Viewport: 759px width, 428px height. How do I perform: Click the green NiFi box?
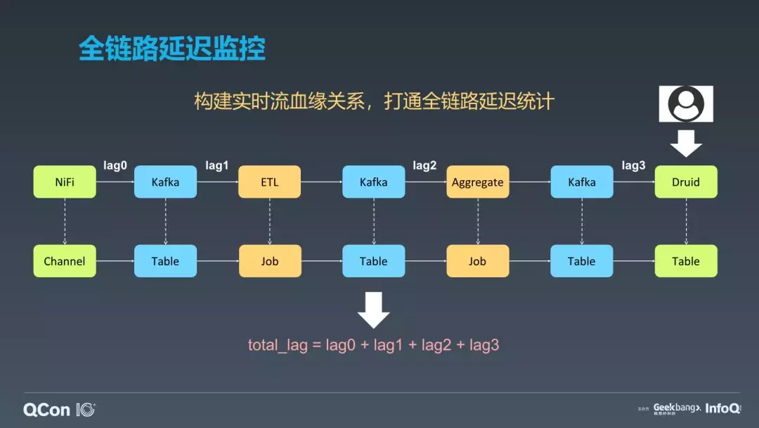(65, 182)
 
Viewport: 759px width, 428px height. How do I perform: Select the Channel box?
(65, 261)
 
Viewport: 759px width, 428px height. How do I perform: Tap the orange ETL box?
(269, 182)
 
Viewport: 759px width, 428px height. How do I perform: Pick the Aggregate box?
(477, 182)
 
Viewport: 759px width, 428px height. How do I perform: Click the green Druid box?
(685, 182)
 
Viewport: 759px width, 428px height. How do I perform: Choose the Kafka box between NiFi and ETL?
(165, 182)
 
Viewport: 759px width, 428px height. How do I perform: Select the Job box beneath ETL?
(269, 261)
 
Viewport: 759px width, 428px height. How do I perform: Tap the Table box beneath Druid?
(685, 261)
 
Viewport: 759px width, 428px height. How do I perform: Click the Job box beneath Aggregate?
(477, 261)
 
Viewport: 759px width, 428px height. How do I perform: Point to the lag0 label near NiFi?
(115, 165)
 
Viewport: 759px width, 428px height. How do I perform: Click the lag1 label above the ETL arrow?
(217, 165)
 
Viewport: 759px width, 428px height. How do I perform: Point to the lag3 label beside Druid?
(633, 165)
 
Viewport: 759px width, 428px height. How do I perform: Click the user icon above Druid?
(685, 103)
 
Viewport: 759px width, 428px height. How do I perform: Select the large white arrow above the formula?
(373, 310)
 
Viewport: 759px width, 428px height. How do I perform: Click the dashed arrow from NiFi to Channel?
(65, 221)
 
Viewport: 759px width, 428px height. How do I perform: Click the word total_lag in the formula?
(278, 346)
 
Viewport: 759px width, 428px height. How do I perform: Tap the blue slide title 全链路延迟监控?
(171, 49)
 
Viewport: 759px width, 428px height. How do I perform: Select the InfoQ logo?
(722, 408)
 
